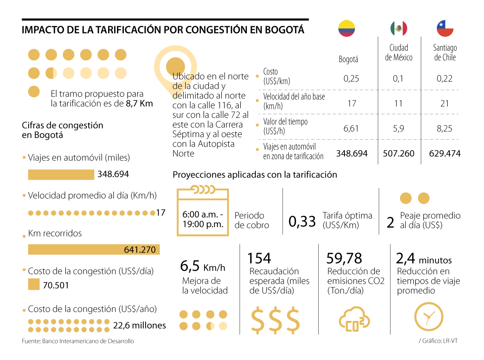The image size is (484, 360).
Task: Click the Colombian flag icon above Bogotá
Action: pyautogui.click(x=346, y=28)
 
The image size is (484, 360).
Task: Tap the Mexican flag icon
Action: pyautogui.click(x=398, y=28)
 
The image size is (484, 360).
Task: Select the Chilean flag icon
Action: pyautogui.click(x=445, y=28)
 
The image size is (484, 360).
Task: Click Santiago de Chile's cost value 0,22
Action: pyautogui.click(x=444, y=78)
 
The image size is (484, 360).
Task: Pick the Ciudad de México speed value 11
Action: pyautogui.click(x=398, y=103)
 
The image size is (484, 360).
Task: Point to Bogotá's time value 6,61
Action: pyautogui.click(x=351, y=129)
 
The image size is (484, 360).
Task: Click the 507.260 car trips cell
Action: pyautogui.click(x=398, y=154)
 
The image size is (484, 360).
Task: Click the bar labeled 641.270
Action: pyautogui.click(x=94, y=250)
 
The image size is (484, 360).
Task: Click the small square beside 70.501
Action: pyautogui.click(x=33, y=285)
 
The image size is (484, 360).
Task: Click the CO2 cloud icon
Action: pyautogui.click(x=354, y=319)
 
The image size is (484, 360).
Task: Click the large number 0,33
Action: pyautogui.click(x=302, y=221)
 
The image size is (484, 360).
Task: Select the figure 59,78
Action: pyautogui.click(x=344, y=258)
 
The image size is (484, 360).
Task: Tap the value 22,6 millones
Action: pyautogui.click(x=140, y=325)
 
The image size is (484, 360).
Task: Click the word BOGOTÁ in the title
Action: pyautogui.click(x=284, y=30)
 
